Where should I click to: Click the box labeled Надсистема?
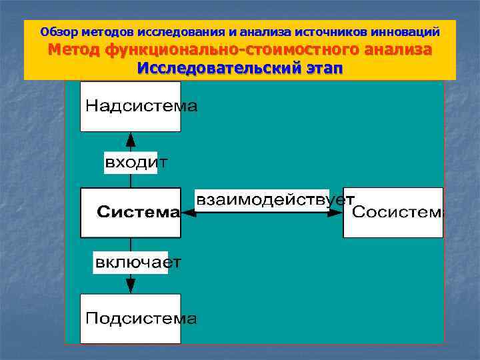(x=131, y=107)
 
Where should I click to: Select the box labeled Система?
(x=131, y=213)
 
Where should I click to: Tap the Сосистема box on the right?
(x=393, y=213)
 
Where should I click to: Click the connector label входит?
(x=131, y=162)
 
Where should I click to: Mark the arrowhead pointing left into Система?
(x=188, y=213)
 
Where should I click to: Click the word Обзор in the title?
(x=57, y=31)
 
